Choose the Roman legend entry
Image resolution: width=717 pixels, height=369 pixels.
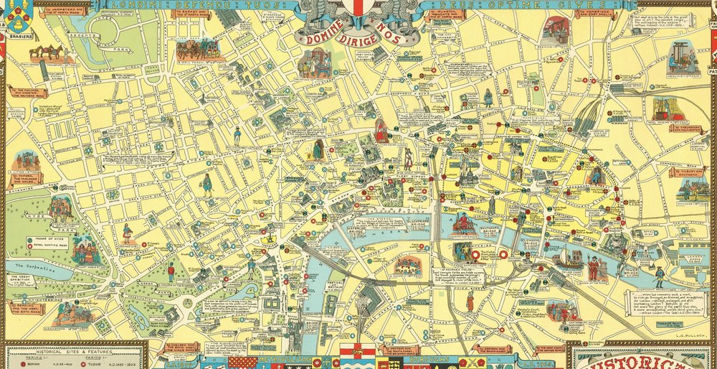(32, 363)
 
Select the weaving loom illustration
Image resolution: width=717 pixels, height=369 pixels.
(680, 57)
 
